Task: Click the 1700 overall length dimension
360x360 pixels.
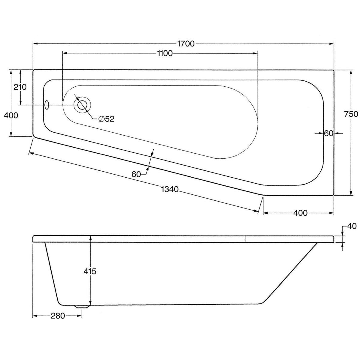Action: (186, 44)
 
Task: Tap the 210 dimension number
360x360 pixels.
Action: (20, 87)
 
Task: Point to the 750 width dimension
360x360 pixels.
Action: (351, 114)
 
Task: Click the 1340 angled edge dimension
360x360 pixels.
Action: (169, 190)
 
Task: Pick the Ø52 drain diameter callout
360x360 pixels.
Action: (106, 119)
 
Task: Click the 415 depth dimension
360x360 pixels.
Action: (90, 271)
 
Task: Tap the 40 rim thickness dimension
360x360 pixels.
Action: (352, 226)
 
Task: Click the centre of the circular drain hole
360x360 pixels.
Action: (82, 105)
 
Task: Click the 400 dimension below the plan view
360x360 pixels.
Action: (300, 213)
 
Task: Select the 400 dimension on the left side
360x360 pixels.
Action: (11, 115)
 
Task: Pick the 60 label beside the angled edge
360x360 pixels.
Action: (136, 175)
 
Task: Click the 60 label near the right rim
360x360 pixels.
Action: (328, 133)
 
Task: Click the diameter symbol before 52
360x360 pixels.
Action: (101, 119)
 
